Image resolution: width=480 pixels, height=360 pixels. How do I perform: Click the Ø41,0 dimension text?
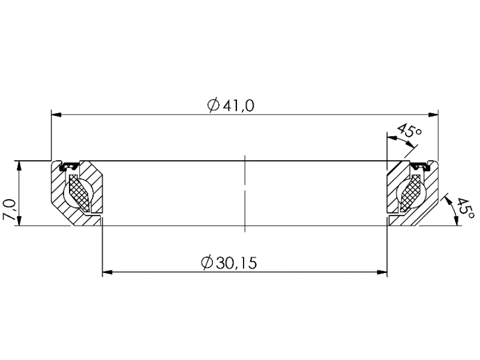[x=231, y=106]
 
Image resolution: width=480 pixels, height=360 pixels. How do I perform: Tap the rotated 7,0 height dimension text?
[x=10, y=210]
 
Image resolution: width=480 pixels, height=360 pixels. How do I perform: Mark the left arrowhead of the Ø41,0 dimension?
[x=56, y=114]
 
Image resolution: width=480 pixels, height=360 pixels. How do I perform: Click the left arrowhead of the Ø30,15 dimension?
[x=107, y=272]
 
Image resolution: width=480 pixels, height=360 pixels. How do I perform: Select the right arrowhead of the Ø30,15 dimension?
[x=382, y=272]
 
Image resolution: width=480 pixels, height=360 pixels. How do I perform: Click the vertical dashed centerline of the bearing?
[x=245, y=192]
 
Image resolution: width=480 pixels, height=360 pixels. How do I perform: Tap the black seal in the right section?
[x=418, y=164]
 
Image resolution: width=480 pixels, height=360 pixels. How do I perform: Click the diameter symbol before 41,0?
[x=213, y=106]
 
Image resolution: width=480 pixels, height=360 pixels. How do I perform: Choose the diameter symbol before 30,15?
[x=206, y=263]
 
